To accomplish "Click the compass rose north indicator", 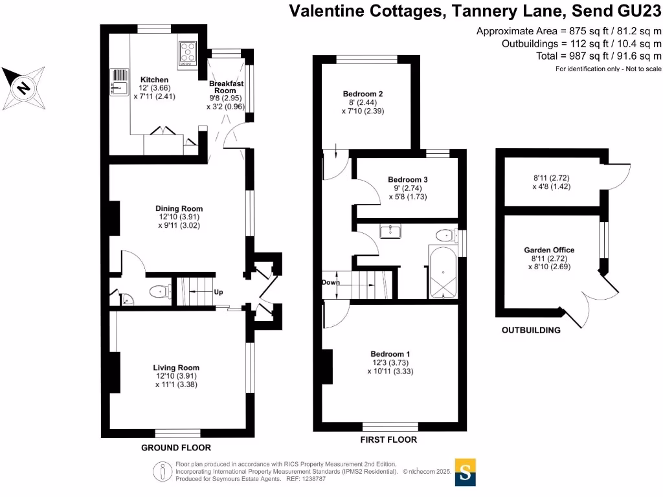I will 23,87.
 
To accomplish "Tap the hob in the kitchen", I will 187,53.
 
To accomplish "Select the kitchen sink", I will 119,82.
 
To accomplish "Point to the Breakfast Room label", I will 226,87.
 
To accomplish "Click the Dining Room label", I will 179,208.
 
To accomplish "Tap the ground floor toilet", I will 159,293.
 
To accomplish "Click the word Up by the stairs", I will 219,292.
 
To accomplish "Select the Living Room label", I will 176,367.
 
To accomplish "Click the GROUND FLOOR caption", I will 176,448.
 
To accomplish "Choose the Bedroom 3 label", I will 408,179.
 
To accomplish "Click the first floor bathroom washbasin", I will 390,231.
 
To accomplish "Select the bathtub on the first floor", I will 443,273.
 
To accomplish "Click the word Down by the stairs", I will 330,283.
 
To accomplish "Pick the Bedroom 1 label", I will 390,354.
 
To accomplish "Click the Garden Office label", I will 549,250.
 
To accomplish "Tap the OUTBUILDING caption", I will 531,330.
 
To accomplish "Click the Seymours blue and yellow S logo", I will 465,472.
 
